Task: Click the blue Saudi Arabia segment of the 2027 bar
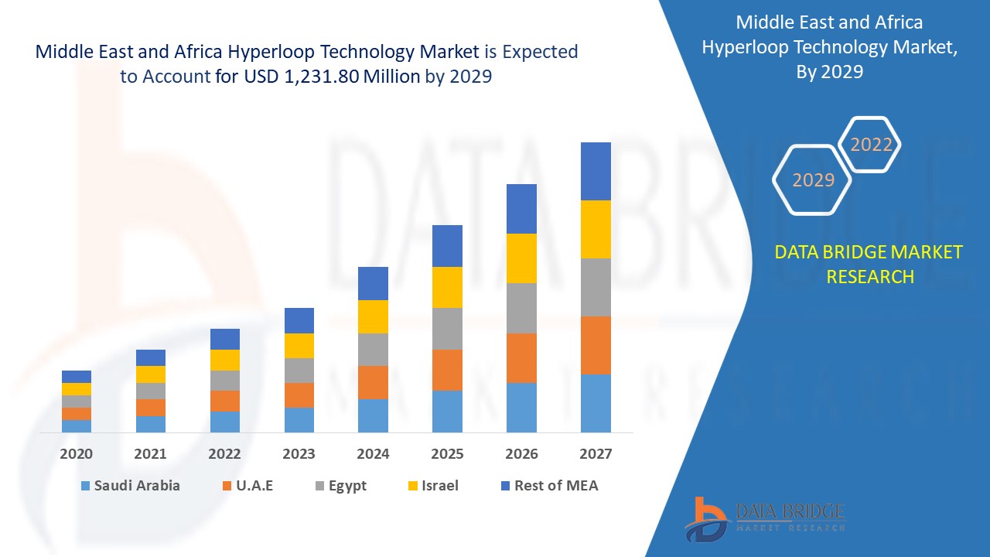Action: tap(596, 403)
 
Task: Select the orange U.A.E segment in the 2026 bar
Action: tap(521, 357)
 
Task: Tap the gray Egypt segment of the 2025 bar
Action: tap(447, 329)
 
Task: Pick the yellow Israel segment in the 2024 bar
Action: tap(373, 316)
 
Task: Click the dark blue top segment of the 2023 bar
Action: tap(299, 320)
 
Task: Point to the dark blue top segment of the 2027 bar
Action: tap(596, 171)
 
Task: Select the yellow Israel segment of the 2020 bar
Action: tap(77, 388)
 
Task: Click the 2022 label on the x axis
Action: tap(224, 454)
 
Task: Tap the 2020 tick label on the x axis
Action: tap(77, 454)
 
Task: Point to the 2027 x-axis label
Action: tap(596, 454)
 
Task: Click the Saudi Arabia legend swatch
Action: tap(84, 486)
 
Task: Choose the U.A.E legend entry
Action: tap(247, 486)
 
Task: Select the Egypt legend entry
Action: tap(340, 486)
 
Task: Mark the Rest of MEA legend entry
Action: tap(549, 486)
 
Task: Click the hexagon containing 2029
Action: tap(813, 180)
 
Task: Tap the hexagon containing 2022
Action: tap(871, 145)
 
